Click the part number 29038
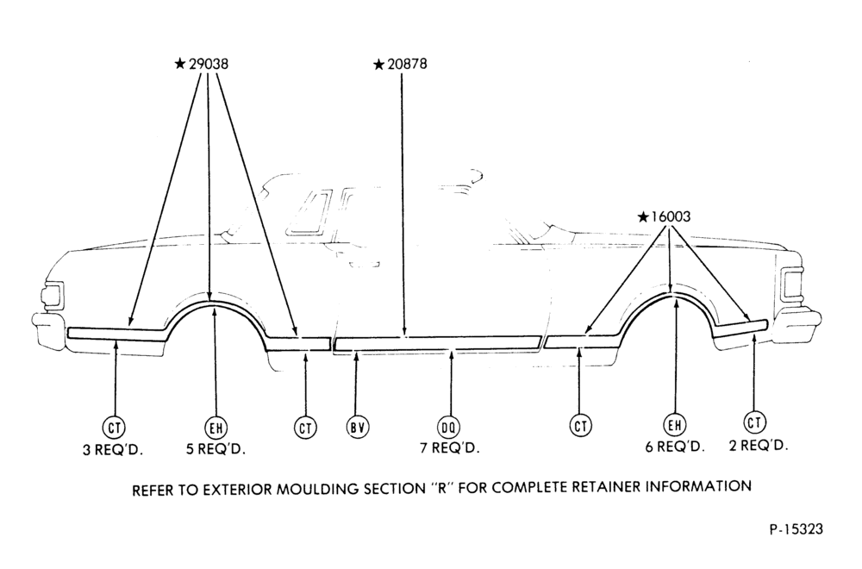tap(209, 65)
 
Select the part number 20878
tap(407, 65)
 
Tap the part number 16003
tap(671, 216)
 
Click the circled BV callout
tap(358, 427)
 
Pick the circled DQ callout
tap(449, 427)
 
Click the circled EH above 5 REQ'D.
tap(216, 427)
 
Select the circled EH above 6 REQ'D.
tap(675, 425)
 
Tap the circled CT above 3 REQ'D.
tap(114, 427)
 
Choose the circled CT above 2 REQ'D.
tap(754, 422)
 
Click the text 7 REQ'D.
tap(450, 448)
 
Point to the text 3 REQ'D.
tap(113, 450)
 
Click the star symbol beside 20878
tap(378, 65)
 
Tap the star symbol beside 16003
tap(643, 217)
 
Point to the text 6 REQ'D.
tap(675, 447)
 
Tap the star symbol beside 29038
tap(180, 65)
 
